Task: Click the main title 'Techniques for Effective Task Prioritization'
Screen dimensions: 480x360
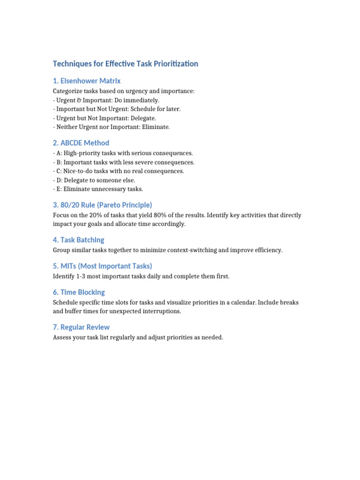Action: pyautogui.click(x=125, y=64)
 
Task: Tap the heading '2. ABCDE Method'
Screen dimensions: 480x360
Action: pyautogui.click(x=81, y=143)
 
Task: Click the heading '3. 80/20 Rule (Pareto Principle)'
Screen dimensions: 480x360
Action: pyautogui.click(x=103, y=205)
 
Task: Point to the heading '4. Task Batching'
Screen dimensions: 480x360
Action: pyautogui.click(x=79, y=240)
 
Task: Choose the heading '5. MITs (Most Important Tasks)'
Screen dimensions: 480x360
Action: pyautogui.click(x=103, y=266)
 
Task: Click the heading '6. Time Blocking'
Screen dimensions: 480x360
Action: pyautogui.click(x=79, y=292)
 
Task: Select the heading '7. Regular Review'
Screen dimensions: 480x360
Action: pyautogui.click(x=82, y=327)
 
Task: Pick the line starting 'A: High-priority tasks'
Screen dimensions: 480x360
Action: pyautogui.click(x=123, y=153)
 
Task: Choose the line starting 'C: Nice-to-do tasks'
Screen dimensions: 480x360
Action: pyautogui.click(x=119, y=171)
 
